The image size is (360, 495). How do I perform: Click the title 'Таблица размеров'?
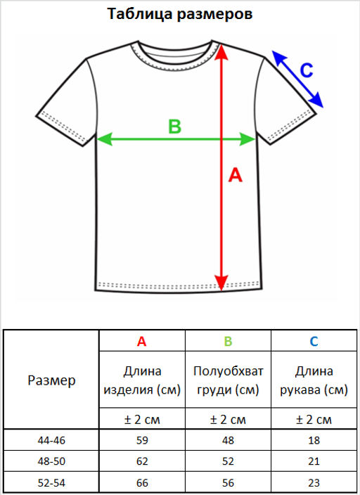coord(180,14)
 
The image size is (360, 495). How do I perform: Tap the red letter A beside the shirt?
coord(236,175)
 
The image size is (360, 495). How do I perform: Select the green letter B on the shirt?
coord(174,127)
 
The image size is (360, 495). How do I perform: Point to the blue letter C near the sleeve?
coord(306,70)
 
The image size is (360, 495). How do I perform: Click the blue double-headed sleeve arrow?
coord(298,79)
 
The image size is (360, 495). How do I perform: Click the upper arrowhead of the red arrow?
coord(221,52)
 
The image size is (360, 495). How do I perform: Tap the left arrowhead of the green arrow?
coord(104,139)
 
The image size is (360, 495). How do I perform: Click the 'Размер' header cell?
coord(51,380)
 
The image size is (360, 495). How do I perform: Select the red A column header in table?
coord(142,341)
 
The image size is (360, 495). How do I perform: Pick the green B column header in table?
coord(228,341)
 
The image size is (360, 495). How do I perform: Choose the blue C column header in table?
coord(314,341)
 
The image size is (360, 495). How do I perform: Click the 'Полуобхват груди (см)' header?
coord(228,380)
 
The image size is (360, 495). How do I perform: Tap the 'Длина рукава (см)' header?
coord(314,380)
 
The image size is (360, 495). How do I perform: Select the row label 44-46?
coord(51,440)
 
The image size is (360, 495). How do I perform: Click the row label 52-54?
coord(51,482)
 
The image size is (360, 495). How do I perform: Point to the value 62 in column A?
coord(142,461)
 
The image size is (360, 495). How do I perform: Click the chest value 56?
coord(228,482)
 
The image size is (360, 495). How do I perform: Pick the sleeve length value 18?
coord(314,440)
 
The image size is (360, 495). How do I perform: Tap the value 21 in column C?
coord(314,461)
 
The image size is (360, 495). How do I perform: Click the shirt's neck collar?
coord(174,65)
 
